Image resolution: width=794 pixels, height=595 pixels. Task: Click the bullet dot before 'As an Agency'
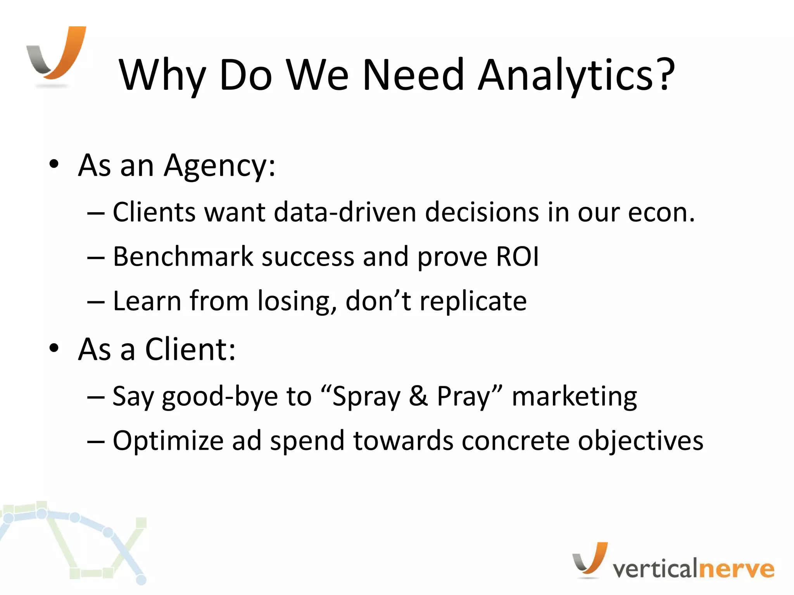54,164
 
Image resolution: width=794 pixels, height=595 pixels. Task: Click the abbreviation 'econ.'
661,213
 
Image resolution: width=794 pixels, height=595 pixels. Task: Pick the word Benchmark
183,256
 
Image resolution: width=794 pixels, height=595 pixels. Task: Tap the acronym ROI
517,256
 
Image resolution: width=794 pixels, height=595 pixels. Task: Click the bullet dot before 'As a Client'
54,348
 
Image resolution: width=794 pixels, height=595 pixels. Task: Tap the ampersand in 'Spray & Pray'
418,396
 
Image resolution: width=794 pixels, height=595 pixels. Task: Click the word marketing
574,397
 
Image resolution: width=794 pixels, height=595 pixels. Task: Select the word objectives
640,441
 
